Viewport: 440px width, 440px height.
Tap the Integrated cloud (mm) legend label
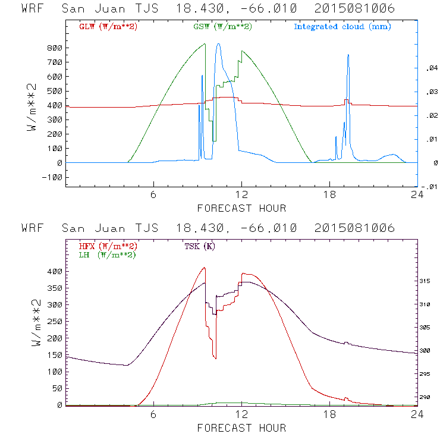pyautogui.click(x=342, y=27)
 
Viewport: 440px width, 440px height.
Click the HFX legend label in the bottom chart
pyautogui.click(x=108, y=246)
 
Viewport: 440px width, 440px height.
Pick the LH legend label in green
pyautogui.click(x=107, y=254)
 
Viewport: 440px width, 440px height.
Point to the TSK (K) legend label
pyautogui.click(x=199, y=246)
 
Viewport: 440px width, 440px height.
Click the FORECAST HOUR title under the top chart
pyautogui.click(x=241, y=208)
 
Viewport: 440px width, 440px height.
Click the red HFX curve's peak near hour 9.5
pyautogui.click(x=205, y=268)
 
